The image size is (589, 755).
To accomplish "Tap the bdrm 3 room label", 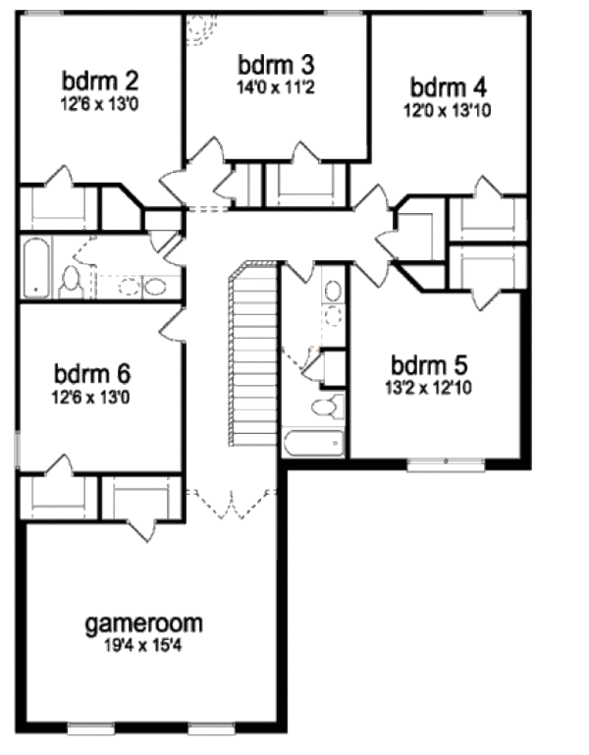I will click(276, 65).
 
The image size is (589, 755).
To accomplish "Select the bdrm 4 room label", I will click(447, 86).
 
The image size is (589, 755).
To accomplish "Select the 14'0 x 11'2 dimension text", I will click(276, 86).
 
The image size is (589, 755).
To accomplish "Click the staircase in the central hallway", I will click(253, 353).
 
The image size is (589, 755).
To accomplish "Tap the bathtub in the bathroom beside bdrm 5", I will click(314, 442).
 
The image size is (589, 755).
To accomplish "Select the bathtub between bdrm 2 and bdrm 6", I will click(34, 267).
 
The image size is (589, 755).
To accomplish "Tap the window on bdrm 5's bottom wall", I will click(446, 462).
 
